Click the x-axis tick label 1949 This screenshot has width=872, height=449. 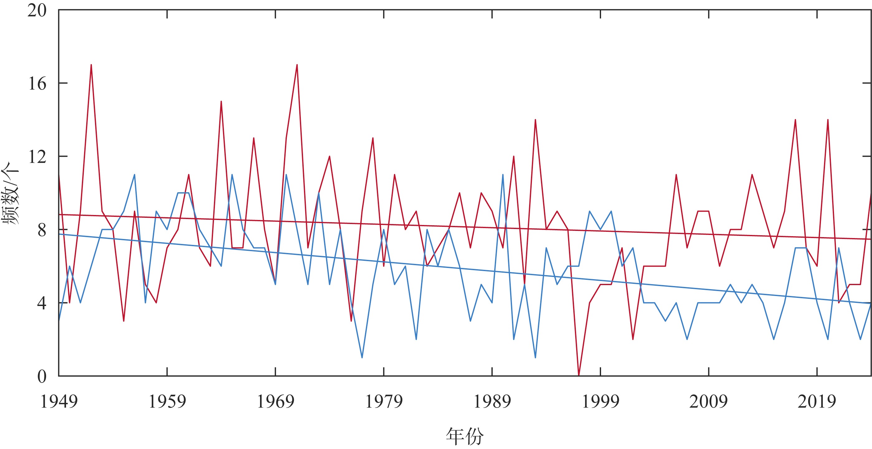pos(59,402)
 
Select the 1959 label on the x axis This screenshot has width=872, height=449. pos(167,402)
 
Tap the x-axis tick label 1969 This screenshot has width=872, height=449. pos(276,402)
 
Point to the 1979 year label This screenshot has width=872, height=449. pos(384,402)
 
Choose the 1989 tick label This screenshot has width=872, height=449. pos(492,402)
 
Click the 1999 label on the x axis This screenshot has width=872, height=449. pos(600,402)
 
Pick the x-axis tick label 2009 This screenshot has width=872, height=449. pos(708,402)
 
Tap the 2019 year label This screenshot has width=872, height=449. pos(817,402)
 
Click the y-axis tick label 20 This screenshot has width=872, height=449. pos(36,11)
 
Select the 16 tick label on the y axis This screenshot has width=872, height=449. pos(36,84)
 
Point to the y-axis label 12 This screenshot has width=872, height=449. pos(36,157)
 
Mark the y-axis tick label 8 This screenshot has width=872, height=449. pos(41,230)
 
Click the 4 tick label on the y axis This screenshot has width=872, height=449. pos(41,303)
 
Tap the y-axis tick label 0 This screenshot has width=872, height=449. pos(41,376)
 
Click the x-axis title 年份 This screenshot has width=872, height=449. pos(465,436)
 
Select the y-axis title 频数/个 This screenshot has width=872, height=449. pos(11,193)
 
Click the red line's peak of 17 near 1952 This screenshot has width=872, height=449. pos(91,65)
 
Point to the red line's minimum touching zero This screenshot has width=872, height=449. pos(579,375)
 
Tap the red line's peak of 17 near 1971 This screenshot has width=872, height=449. pos(297,65)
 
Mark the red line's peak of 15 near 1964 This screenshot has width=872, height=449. pos(221,102)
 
